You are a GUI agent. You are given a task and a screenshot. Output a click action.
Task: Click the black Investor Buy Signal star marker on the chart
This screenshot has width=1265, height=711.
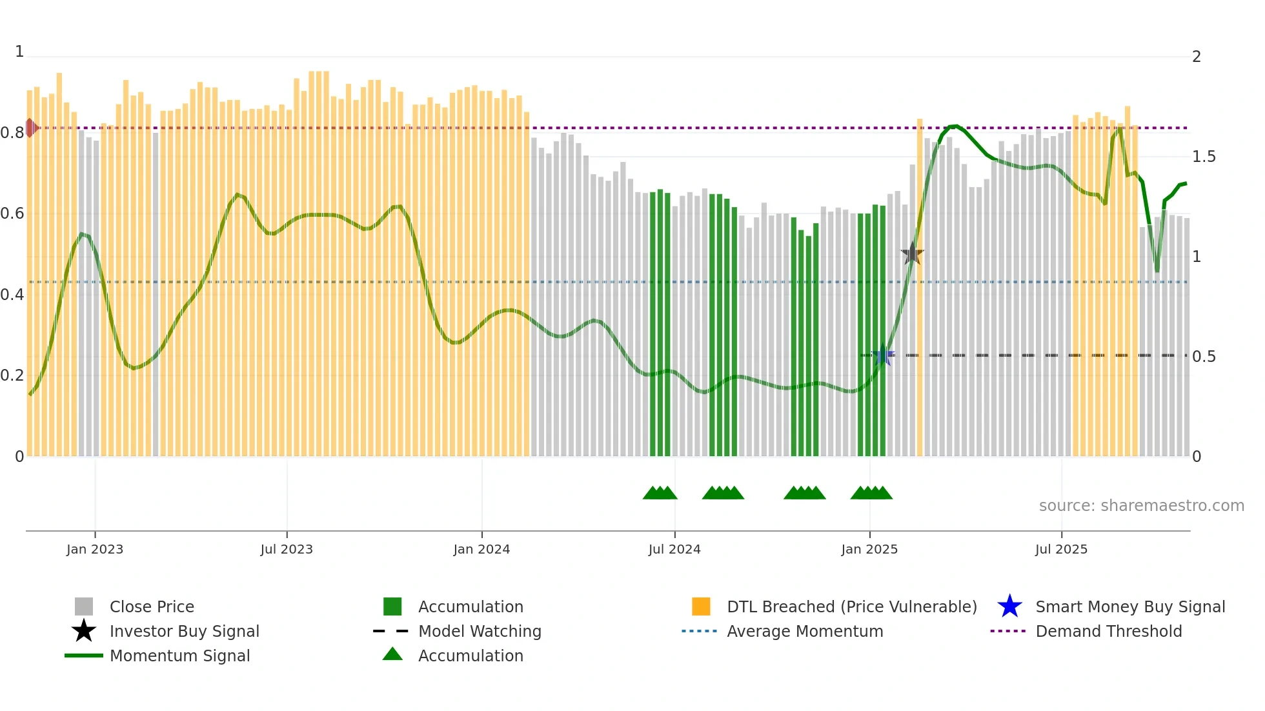click(x=912, y=254)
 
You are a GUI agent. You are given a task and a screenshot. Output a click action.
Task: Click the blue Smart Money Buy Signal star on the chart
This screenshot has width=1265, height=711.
click(x=883, y=355)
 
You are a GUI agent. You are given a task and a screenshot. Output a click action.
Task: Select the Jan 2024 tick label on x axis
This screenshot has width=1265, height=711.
click(x=481, y=549)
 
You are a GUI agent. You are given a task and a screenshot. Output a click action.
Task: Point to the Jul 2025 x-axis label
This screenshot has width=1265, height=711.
click(x=1061, y=549)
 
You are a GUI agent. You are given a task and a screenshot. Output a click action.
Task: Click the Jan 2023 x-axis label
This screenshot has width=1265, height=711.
click(x=95, y=549)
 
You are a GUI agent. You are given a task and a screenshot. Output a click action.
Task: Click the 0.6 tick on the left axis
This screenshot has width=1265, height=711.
click(x=12, y=214)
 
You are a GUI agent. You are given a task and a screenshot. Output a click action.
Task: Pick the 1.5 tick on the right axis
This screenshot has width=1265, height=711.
click(x=1204, y=157)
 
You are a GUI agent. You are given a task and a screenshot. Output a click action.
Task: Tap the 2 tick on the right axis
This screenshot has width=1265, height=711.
click(x=1197, y=57)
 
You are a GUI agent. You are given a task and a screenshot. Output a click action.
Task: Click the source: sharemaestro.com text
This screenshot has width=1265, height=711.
click(x=1141, y=506)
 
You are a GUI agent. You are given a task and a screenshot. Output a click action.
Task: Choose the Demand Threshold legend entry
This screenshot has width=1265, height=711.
click(x=1108, y=631)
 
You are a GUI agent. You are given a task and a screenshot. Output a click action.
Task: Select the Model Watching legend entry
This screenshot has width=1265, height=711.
click(x=479, y=631)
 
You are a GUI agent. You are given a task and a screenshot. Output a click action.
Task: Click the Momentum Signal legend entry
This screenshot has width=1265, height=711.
click(x=179, y=656)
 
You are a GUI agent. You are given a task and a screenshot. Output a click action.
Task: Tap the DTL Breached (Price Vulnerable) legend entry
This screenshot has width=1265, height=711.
click(x=851, y=606)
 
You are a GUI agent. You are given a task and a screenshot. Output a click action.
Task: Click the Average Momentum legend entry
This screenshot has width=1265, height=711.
click(x=804, y=631)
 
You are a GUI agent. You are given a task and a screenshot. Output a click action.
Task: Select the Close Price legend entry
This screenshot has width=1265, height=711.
click(x=151, y=606)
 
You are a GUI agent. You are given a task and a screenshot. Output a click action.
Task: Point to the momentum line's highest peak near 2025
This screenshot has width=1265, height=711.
click(x=955, y=126)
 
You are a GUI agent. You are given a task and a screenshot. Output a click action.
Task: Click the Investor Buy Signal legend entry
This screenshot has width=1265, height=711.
click(x=184, y=631)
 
